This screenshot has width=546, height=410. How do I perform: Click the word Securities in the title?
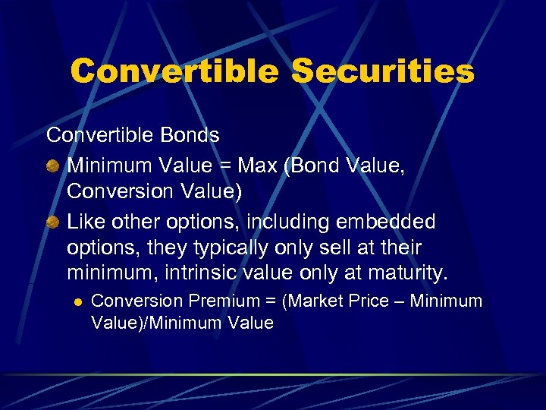[383, 72]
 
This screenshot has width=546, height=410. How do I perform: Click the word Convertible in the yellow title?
[174, 72]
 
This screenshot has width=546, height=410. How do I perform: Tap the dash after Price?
[402, 301]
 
